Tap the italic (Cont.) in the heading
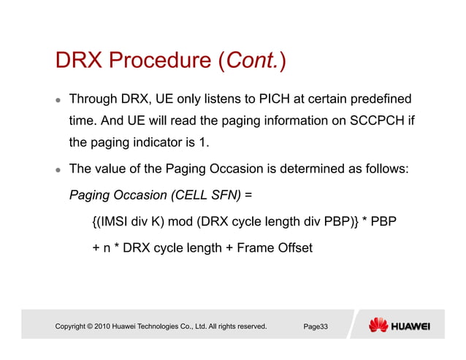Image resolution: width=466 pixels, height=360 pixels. click(x=252, y=62)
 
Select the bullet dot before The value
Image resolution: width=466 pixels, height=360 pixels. click(x=57, y=170)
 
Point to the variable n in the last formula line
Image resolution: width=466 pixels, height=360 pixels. click(x=108, y=249)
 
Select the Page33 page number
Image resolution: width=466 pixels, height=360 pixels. click(x=316, y=326)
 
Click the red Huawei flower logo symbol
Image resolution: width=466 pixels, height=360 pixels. click(x=378, y=326)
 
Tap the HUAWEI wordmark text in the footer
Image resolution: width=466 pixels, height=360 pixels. click(x=411, y=326)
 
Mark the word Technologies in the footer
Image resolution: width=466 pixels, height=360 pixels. click(x=158, y=326)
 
